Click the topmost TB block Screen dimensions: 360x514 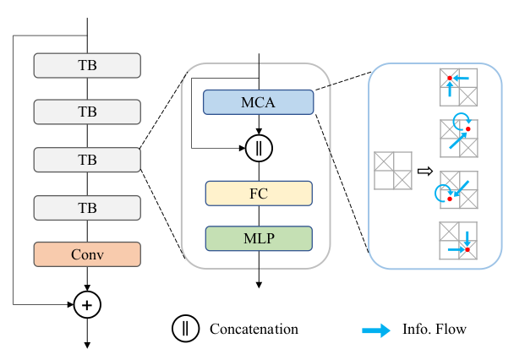87,64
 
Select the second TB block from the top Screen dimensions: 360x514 87,111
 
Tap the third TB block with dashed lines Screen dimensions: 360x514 87,158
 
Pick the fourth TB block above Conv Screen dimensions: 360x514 87,205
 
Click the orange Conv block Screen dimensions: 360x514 87,253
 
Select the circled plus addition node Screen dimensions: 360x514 87,302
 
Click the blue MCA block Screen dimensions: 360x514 258,102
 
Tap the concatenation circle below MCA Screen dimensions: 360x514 258,148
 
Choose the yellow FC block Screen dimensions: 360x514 258,193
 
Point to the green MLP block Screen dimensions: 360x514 258,237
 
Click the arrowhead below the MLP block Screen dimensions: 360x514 258,286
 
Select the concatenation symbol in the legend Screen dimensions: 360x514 185,327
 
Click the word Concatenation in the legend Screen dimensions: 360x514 254,328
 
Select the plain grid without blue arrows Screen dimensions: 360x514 392,170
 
